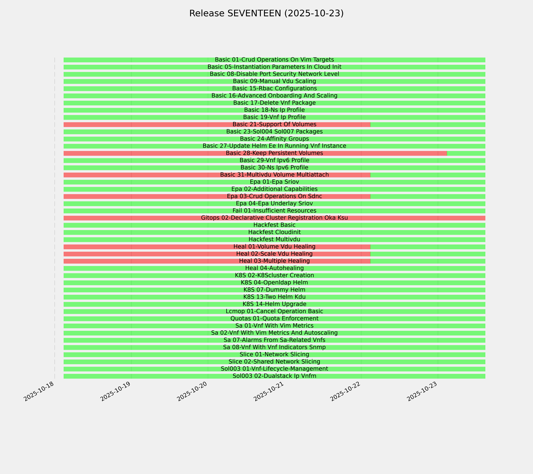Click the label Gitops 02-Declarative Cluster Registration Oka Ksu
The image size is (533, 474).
[x=274, y=218]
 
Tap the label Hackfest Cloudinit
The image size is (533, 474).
[x=274, y=232]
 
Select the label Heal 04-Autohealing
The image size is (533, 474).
[x=274, y=268]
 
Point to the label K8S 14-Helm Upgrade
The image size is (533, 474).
[x=274, y=304]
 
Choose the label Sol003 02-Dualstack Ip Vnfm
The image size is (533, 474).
[x=274, y=376]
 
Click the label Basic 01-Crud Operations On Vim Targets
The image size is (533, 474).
[x=274, y=60]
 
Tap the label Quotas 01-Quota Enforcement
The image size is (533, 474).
[x=274, y=319]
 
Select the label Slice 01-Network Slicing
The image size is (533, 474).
[x=274, y=355]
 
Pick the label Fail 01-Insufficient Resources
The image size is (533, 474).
[x=274, y=211]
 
